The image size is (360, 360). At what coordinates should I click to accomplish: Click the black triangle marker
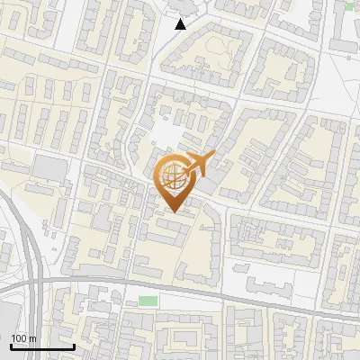(181, 24)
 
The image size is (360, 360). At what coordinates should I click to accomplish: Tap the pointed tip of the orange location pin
(171, 211)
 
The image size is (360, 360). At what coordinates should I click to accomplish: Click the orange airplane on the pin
(200, 164)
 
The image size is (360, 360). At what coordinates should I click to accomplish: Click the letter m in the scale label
(32, 338)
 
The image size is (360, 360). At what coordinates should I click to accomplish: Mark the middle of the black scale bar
(42, 346)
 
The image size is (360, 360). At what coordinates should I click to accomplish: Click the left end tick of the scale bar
(11, 346)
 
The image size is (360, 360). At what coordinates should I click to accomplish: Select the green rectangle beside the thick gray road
(148, 301)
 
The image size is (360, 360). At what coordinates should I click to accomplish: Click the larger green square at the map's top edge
(349, 6)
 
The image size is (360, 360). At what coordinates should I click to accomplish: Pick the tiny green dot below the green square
(349, 58)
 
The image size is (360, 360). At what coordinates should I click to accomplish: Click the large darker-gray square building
(49, 166)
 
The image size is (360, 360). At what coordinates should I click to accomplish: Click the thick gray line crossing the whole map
(225, 293)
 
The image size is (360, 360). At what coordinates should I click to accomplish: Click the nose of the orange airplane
(214, 155)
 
